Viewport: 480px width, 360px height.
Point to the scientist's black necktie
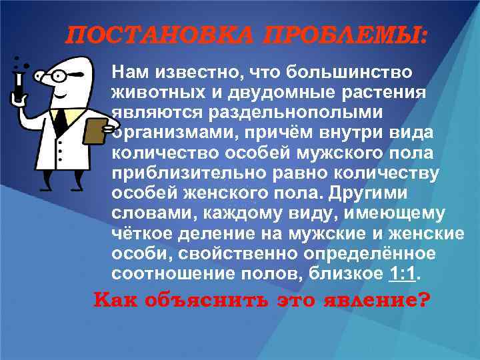click(x=60, y=121)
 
